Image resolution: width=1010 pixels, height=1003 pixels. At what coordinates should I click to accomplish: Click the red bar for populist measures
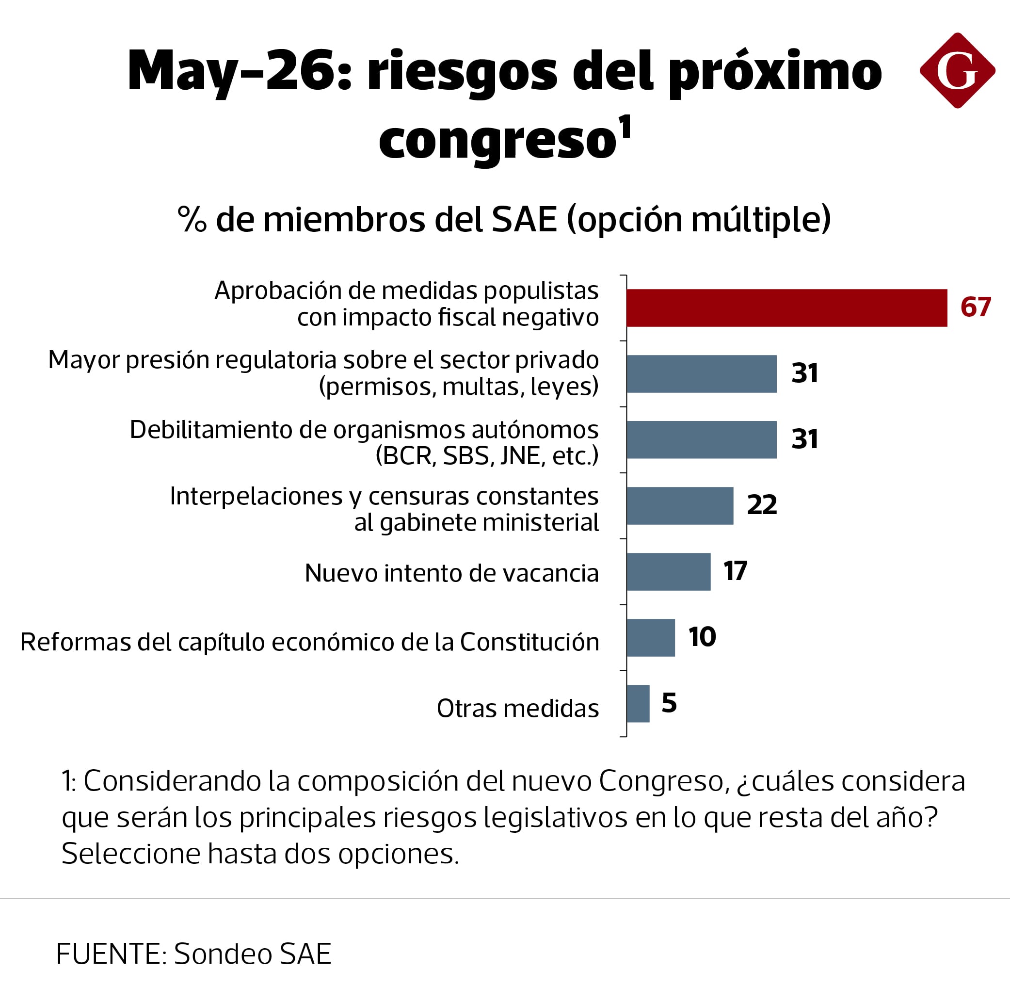tap(787, 308)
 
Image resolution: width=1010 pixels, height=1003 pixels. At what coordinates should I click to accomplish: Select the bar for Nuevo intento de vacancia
tap(669, 571)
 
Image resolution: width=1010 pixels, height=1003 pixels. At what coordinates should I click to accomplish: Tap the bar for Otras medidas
tap(638, 703)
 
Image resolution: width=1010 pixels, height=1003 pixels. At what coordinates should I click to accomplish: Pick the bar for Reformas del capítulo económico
tap(651, 637)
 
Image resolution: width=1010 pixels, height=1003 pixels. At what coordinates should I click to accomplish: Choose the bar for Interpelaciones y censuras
tap(680, 506)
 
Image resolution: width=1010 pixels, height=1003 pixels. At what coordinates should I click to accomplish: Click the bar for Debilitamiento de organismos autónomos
tap(702, 440)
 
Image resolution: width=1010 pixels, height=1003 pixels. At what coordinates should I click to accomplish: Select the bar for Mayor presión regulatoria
tap(702, 374)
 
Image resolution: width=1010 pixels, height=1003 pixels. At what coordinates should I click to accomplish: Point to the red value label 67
tap(976, 307)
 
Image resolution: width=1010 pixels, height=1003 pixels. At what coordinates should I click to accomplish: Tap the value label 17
tap(735, 570)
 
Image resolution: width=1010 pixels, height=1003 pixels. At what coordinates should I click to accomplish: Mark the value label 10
tap(702, 636)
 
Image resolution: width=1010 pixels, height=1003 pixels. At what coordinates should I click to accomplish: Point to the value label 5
tap(669, 702)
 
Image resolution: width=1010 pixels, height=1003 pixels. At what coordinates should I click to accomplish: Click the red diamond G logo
tap(957, 71)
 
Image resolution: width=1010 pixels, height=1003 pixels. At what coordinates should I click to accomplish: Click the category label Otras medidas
tap(517, 709)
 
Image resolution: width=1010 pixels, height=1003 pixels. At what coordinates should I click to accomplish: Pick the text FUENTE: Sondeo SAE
tap(194, 954)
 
